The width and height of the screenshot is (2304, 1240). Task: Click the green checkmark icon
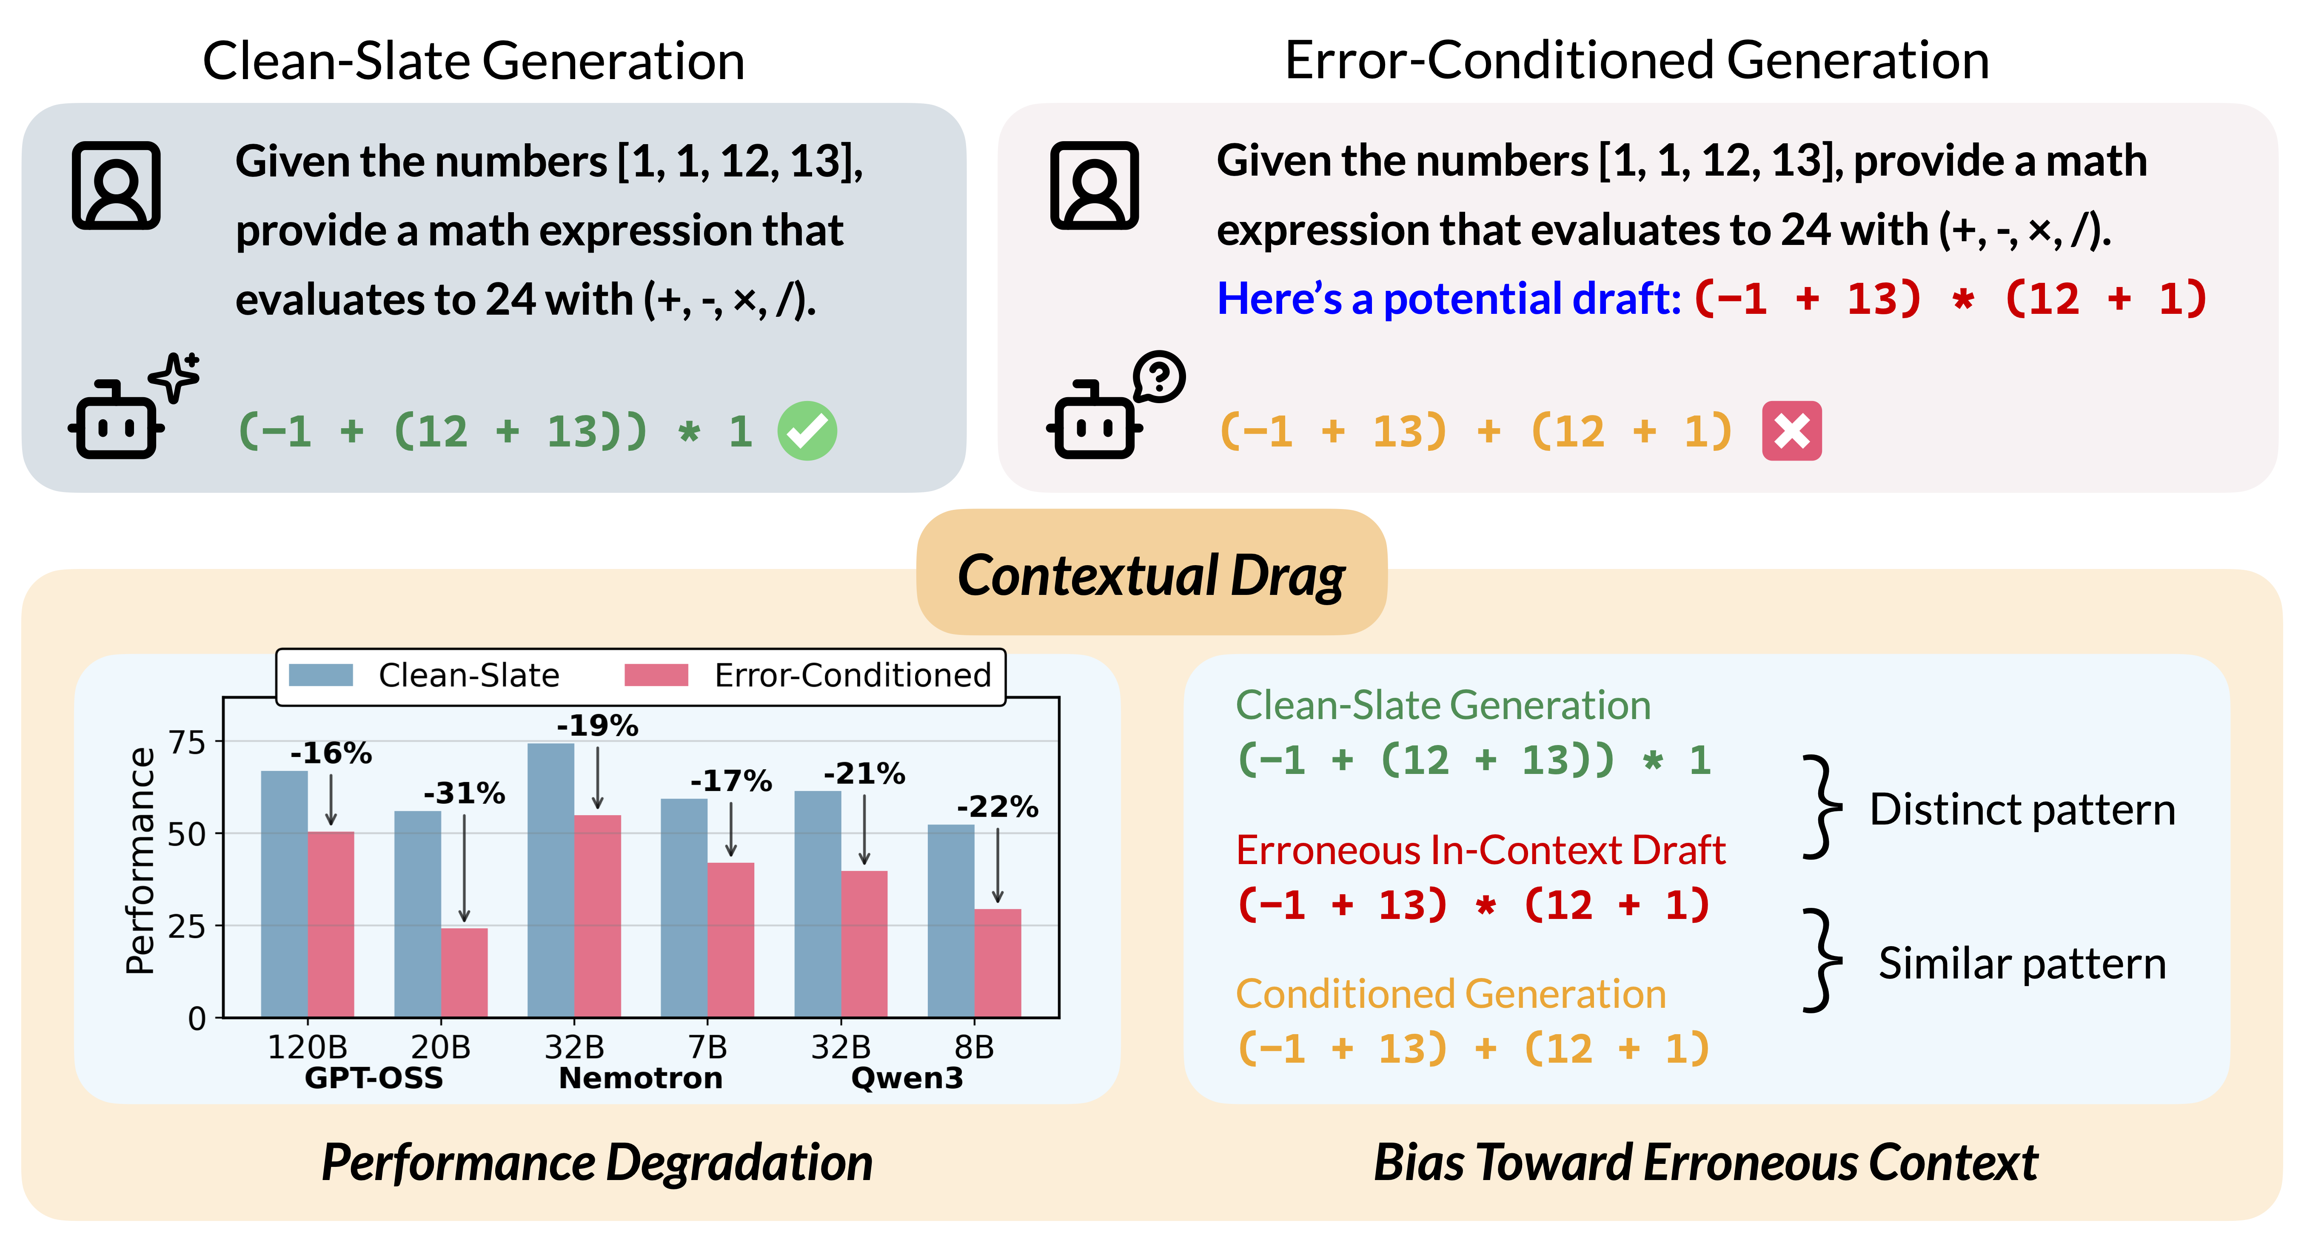tap(807, 431)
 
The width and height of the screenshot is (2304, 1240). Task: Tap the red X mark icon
tap(1791, 431)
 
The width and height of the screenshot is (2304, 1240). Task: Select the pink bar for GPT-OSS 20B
tap(464, 973)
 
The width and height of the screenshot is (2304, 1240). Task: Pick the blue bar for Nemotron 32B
tap(551, 881)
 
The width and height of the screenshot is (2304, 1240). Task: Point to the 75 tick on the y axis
tap(188, 742)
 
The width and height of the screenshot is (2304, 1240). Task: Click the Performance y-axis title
tap(140, 860)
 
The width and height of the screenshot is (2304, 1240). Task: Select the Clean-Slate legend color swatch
tap(320, 675)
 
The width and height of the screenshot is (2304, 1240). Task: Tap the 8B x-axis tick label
tap(974, 1047)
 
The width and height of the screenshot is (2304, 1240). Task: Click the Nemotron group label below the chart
tap(640, 1078)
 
